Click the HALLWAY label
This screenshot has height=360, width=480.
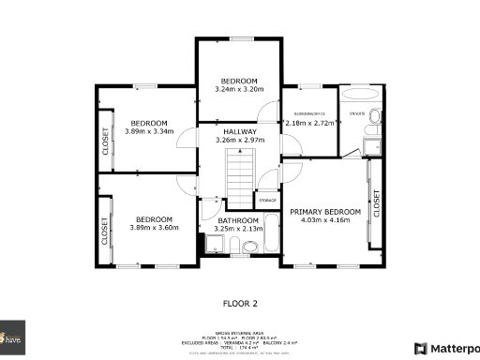point(240,131)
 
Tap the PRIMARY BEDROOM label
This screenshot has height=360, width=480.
point(324,212)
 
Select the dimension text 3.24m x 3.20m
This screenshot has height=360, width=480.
point(239,89)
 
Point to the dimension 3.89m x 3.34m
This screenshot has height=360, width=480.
point(149,132)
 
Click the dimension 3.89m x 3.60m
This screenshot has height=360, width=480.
point(149,227)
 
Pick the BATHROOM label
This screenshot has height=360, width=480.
point(238,220)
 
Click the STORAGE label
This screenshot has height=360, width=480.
point(268,200)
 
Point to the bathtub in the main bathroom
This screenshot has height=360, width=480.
point(272,232)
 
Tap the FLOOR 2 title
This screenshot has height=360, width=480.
point(240,303)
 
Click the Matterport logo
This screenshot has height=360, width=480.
point(444,348)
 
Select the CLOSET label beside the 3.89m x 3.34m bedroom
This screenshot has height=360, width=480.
point(105,142)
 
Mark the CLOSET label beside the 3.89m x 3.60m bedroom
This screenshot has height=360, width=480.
point(105,231)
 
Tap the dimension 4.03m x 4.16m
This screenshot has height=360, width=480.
point(324,220)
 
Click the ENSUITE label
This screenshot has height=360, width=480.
point(356,113)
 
